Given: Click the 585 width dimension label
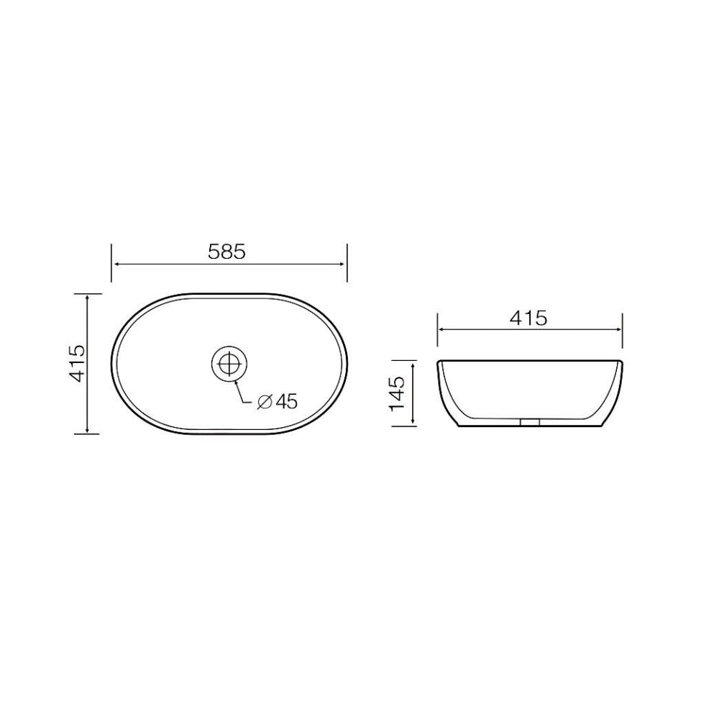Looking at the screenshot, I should [x=227, y=252].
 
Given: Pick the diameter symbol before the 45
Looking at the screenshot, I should [x=264, y=403].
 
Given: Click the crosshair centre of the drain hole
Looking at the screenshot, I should [x=229, y=364].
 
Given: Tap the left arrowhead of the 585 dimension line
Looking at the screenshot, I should [x=115, y=264].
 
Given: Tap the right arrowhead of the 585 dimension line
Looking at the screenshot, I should [x=343, y=264].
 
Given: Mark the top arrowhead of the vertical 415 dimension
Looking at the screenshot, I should [x=88, y=298].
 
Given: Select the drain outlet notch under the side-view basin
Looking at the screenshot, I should [x=530, y=422].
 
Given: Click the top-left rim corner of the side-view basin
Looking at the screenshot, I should [x=439, y=362].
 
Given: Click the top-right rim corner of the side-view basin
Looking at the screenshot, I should [x=621, y=362].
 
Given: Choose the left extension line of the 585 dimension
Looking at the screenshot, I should [x=111, y=263].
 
